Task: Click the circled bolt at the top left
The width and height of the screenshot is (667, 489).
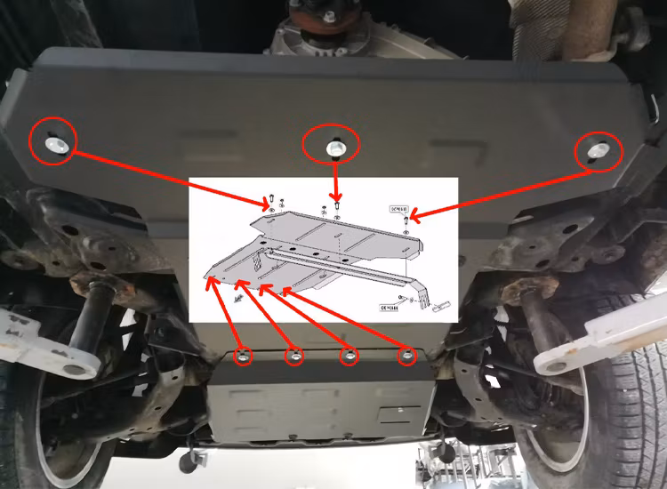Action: point(55,141)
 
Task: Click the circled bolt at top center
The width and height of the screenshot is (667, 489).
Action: point(333,145)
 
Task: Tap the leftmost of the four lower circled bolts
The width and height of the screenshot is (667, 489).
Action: point(242,357)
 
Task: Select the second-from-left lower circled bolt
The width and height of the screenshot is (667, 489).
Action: point(294,357)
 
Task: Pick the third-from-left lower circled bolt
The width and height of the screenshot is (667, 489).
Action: point(350,357)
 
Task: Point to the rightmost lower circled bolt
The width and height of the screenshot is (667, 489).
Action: point(406,357)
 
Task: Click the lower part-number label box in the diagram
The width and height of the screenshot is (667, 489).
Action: point(389,307)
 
